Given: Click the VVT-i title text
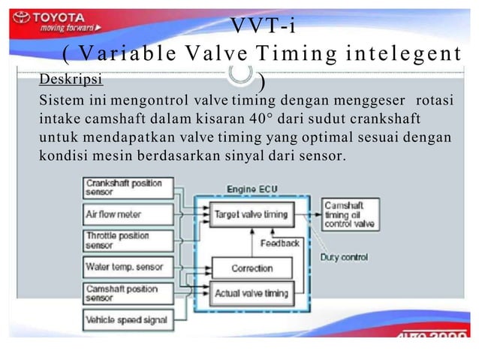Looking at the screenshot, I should click(x=262, y=26).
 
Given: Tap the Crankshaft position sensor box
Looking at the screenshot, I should click(x=128, y=187).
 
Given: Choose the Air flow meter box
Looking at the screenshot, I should click(x=128, y=213).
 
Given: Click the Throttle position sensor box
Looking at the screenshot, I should click(x=128, y=240).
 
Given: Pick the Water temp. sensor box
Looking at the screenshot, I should click(x=128, y=267).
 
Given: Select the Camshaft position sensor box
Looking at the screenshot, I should click(x=128, y=293).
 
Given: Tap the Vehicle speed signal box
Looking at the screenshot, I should click(x=128, y=320).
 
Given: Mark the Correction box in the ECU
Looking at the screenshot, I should click(x=253, y=268).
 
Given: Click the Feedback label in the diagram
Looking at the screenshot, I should click(x=280, y=243).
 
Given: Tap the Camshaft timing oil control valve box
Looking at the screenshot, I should click(x=348, y=214).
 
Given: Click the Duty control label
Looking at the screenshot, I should click(x=344, y=257).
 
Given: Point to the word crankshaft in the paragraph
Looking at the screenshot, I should click(x=379, y=119).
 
